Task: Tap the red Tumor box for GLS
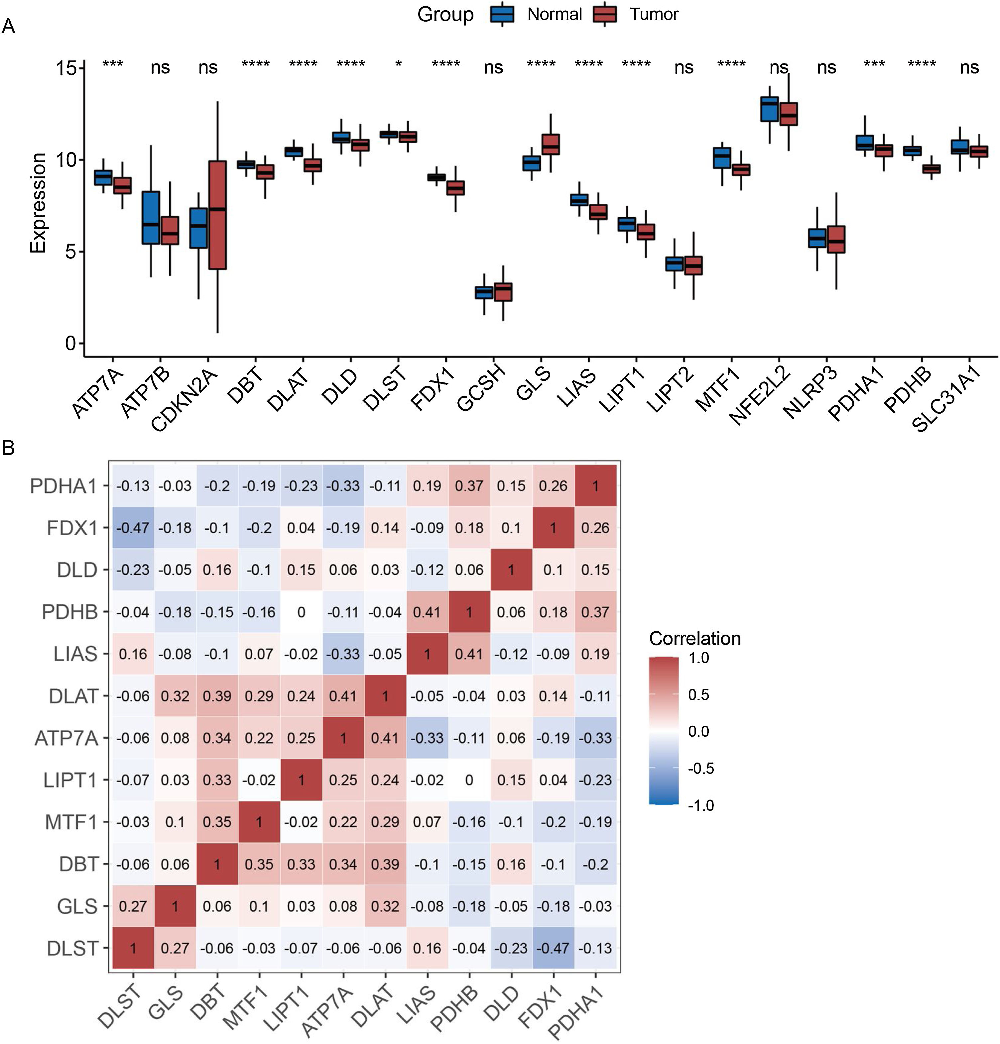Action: click(x=551, y=144)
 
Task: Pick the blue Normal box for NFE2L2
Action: click(x=769, y=109)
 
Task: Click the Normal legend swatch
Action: click(x=502, y=14)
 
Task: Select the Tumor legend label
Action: click(x=654, y=14)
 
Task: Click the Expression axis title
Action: click(x=38, y=202)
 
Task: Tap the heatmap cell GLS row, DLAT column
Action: click(x=385, y=906)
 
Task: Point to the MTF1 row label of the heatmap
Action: click(x=71, y=822)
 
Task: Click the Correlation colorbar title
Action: click(x=694, y=638)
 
